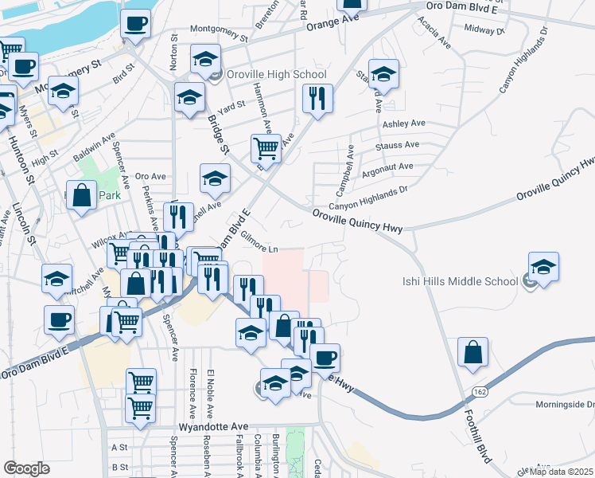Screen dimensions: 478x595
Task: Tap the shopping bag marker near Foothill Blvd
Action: (472, 353)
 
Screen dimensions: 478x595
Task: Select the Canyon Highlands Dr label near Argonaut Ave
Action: (368, 197)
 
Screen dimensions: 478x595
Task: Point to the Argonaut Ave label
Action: (387, 167)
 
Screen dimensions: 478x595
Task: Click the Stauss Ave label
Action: (401, 145)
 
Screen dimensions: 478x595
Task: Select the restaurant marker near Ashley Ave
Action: (317, 99)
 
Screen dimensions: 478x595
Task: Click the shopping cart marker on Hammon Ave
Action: (266, 147)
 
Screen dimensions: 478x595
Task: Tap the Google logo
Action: (26, 468)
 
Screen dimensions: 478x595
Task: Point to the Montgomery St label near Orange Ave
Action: (219, 37)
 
